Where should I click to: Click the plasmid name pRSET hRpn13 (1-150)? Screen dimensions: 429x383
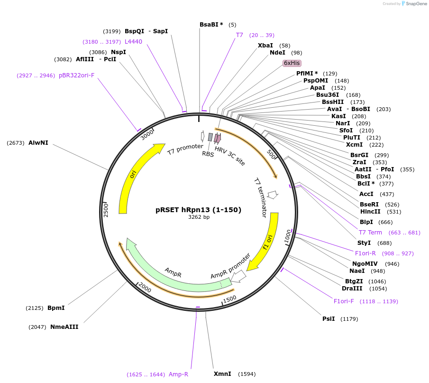pos(198,210)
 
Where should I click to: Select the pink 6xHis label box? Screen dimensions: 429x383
pos(292,63)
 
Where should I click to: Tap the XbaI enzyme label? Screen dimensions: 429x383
pos(265,46)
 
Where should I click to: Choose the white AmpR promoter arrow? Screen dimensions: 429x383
pos(238,276)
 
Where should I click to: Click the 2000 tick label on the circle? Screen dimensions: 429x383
pos(145,287)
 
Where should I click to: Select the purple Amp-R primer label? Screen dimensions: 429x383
pos(178,374)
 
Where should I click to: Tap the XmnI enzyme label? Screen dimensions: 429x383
pos(222,374)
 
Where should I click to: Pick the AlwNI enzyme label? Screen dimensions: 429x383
pos(38,143)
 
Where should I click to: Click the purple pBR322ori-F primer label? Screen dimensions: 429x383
pos(77,75)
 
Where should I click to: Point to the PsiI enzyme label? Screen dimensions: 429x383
pos(329,319)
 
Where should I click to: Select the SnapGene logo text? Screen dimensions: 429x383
pos(416,4)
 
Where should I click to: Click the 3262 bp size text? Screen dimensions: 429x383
pos(199,217)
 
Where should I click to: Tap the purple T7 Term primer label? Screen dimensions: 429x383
pos(370,233)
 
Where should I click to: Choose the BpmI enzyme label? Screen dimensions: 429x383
pos(56,308)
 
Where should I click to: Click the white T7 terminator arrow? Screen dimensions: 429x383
pos(273,195)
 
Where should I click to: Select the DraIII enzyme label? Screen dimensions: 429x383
pos(352,289)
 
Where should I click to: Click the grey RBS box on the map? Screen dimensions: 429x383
pos(210,137)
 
